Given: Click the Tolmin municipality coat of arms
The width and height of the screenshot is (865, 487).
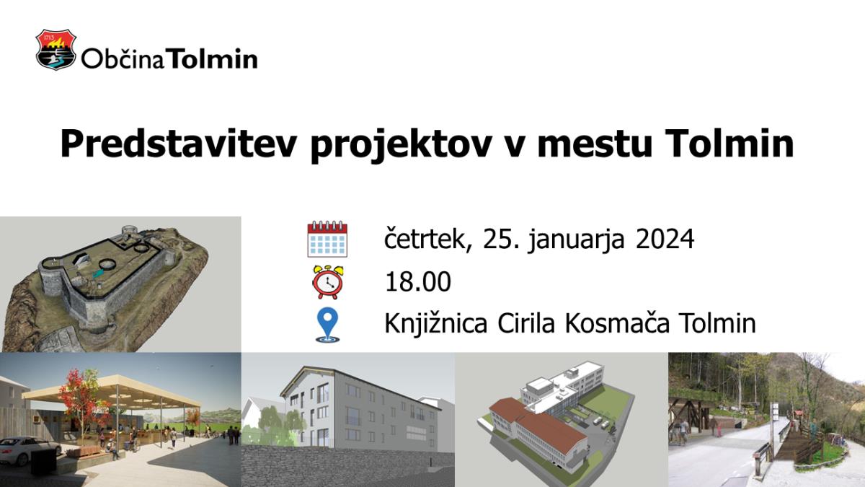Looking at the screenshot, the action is click(56, 50).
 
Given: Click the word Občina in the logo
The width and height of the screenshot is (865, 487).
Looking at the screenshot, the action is click(123, 58).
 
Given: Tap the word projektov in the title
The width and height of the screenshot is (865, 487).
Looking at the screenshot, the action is click(402, 145).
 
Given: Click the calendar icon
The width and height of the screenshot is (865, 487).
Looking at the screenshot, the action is click(327, 239).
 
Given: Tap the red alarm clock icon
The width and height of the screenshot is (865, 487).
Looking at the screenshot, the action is click(327, 282).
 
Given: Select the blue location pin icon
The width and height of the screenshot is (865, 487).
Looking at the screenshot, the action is click(327, 325).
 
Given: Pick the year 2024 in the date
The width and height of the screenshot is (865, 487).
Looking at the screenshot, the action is click(665, 240).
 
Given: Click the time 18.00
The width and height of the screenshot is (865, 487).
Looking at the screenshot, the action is click(418, 281).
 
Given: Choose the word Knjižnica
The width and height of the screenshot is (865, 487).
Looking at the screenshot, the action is click(435, 324).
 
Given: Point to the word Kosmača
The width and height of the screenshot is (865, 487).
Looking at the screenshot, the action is click(617, 323).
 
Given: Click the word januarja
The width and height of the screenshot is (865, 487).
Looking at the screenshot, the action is click(576, 240).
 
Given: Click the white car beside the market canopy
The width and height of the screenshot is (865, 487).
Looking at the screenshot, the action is click(29, 451).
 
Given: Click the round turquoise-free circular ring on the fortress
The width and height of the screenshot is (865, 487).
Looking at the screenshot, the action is click(107, 264).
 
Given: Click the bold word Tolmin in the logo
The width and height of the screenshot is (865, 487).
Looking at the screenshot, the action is click(212, 58).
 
